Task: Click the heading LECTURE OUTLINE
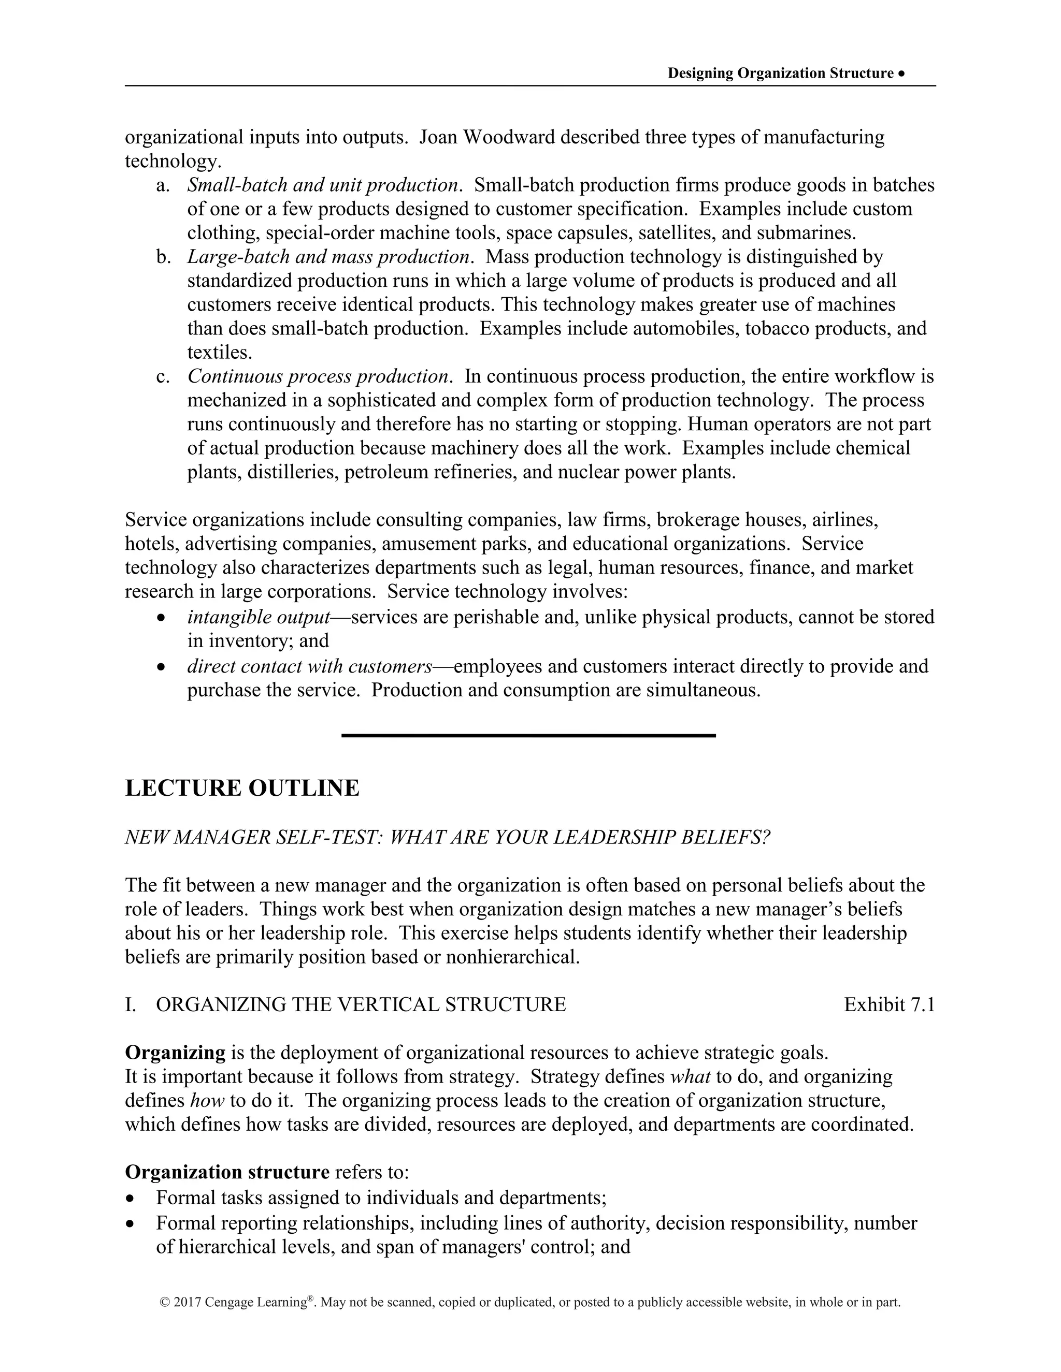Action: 242,788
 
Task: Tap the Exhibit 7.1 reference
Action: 889,1004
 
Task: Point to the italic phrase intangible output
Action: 259,617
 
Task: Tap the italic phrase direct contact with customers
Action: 309,666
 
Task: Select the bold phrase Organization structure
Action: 227,1172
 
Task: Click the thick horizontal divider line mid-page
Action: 528,735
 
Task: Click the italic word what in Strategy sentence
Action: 690,1077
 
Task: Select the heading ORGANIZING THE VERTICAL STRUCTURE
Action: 360,1004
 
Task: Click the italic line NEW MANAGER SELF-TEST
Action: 447,837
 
